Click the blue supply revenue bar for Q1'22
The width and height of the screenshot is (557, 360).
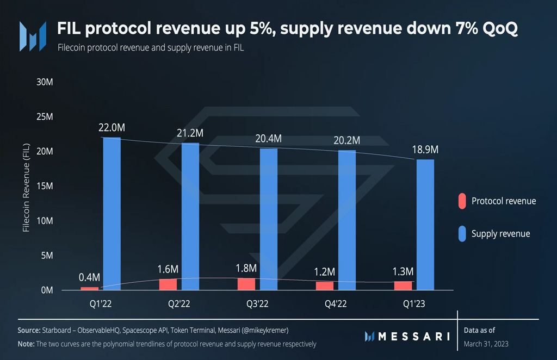coord(112,214)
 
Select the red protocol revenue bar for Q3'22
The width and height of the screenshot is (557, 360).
coord(246,284)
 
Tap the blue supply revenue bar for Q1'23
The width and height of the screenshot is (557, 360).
coord(425,225)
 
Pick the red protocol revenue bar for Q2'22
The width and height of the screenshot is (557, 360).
coord(168,284)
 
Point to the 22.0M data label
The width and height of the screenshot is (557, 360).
coord(112,127)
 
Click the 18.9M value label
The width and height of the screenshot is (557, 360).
coord(425,150)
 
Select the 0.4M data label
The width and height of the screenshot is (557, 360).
coord(89,277)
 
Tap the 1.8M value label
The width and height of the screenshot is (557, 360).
coord(246,268)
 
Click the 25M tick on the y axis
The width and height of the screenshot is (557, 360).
coord(45,117)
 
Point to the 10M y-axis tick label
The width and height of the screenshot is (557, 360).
coord(45,221)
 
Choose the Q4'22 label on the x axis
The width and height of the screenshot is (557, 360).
coord(336,304)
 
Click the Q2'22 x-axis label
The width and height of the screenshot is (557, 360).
coord(179,304)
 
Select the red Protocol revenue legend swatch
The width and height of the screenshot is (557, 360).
coord(462,201)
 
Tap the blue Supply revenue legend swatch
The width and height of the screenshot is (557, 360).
coord(462,234)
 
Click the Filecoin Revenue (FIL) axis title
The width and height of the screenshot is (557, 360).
coord(26,188)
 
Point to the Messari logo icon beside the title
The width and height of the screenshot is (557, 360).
coord(33,36)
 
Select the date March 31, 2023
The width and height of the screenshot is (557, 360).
coord(486,344)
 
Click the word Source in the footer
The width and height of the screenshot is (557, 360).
coord(29,330)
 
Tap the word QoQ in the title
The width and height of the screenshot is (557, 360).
coord(500,28)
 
